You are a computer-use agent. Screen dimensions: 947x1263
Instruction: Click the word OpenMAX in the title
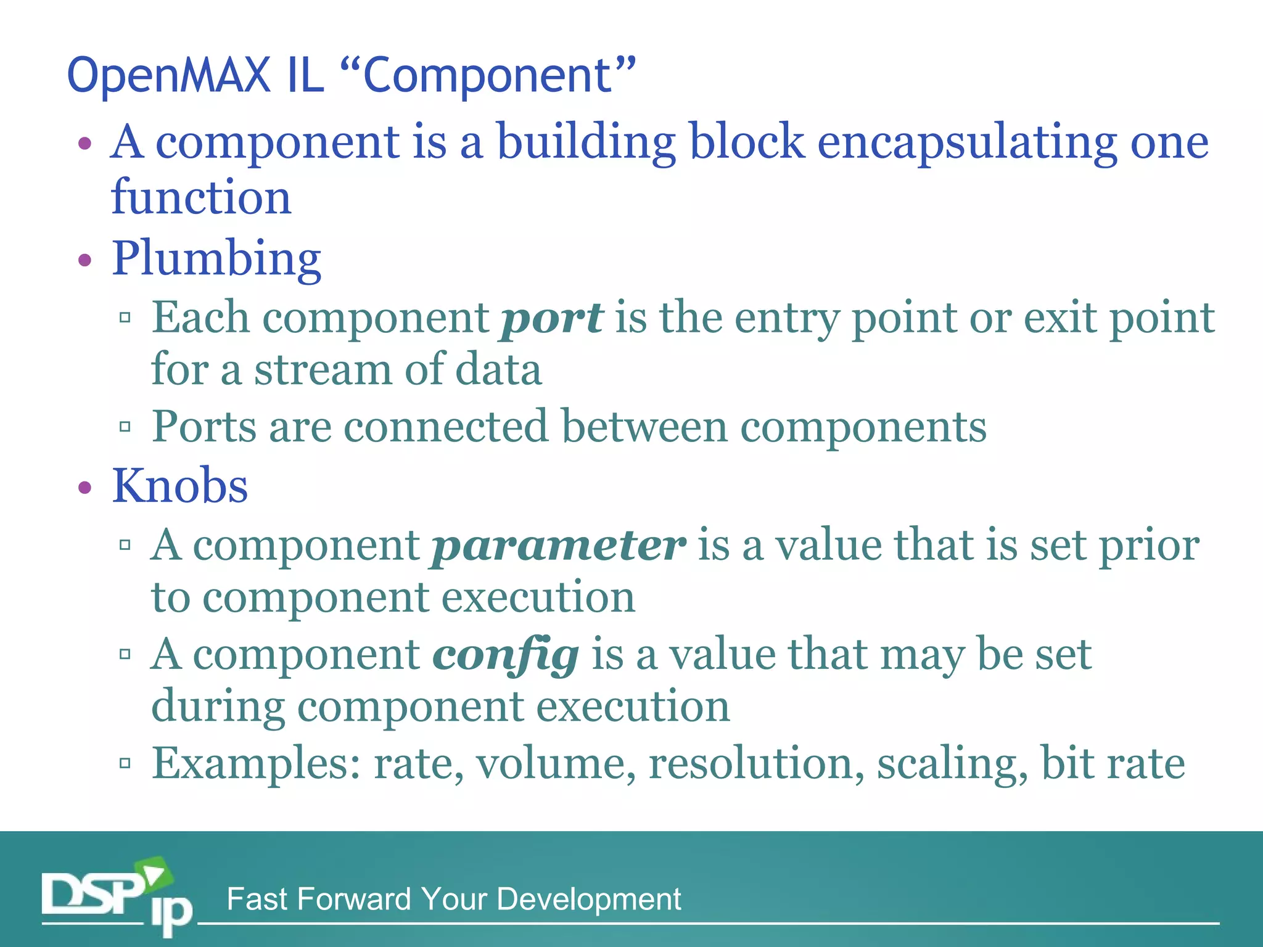(x=168, y=75)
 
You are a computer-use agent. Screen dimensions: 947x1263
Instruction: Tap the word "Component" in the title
(x=487, y=75)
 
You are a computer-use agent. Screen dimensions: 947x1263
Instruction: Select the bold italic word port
(x=552, y=319)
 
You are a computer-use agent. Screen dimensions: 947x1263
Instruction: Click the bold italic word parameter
(x=558, y=546)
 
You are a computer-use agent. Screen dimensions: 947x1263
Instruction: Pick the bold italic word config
(x=506, y=655)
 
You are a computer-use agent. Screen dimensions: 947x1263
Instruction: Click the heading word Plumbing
(x=216, y=259)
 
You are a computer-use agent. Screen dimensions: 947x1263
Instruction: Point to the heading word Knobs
(x=179, y=486)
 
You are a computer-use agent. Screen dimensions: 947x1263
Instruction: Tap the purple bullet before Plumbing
(x=85, y=260)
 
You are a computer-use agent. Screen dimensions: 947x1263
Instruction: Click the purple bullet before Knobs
(x=85, y=488)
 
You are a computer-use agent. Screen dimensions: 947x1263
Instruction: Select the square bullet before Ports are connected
(x=125, y=426)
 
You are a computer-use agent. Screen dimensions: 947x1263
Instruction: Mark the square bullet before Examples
(x=125, y=763)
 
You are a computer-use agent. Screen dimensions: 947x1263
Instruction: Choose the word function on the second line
(x=201, y=197)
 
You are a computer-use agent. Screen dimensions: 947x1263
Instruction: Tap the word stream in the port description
(x=323, y=370)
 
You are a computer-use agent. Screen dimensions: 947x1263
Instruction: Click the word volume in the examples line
(x=556, y=763)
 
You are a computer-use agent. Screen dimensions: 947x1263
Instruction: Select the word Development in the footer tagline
(x=588, y=899)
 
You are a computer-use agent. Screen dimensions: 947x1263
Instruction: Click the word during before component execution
(x=218, y=707)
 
